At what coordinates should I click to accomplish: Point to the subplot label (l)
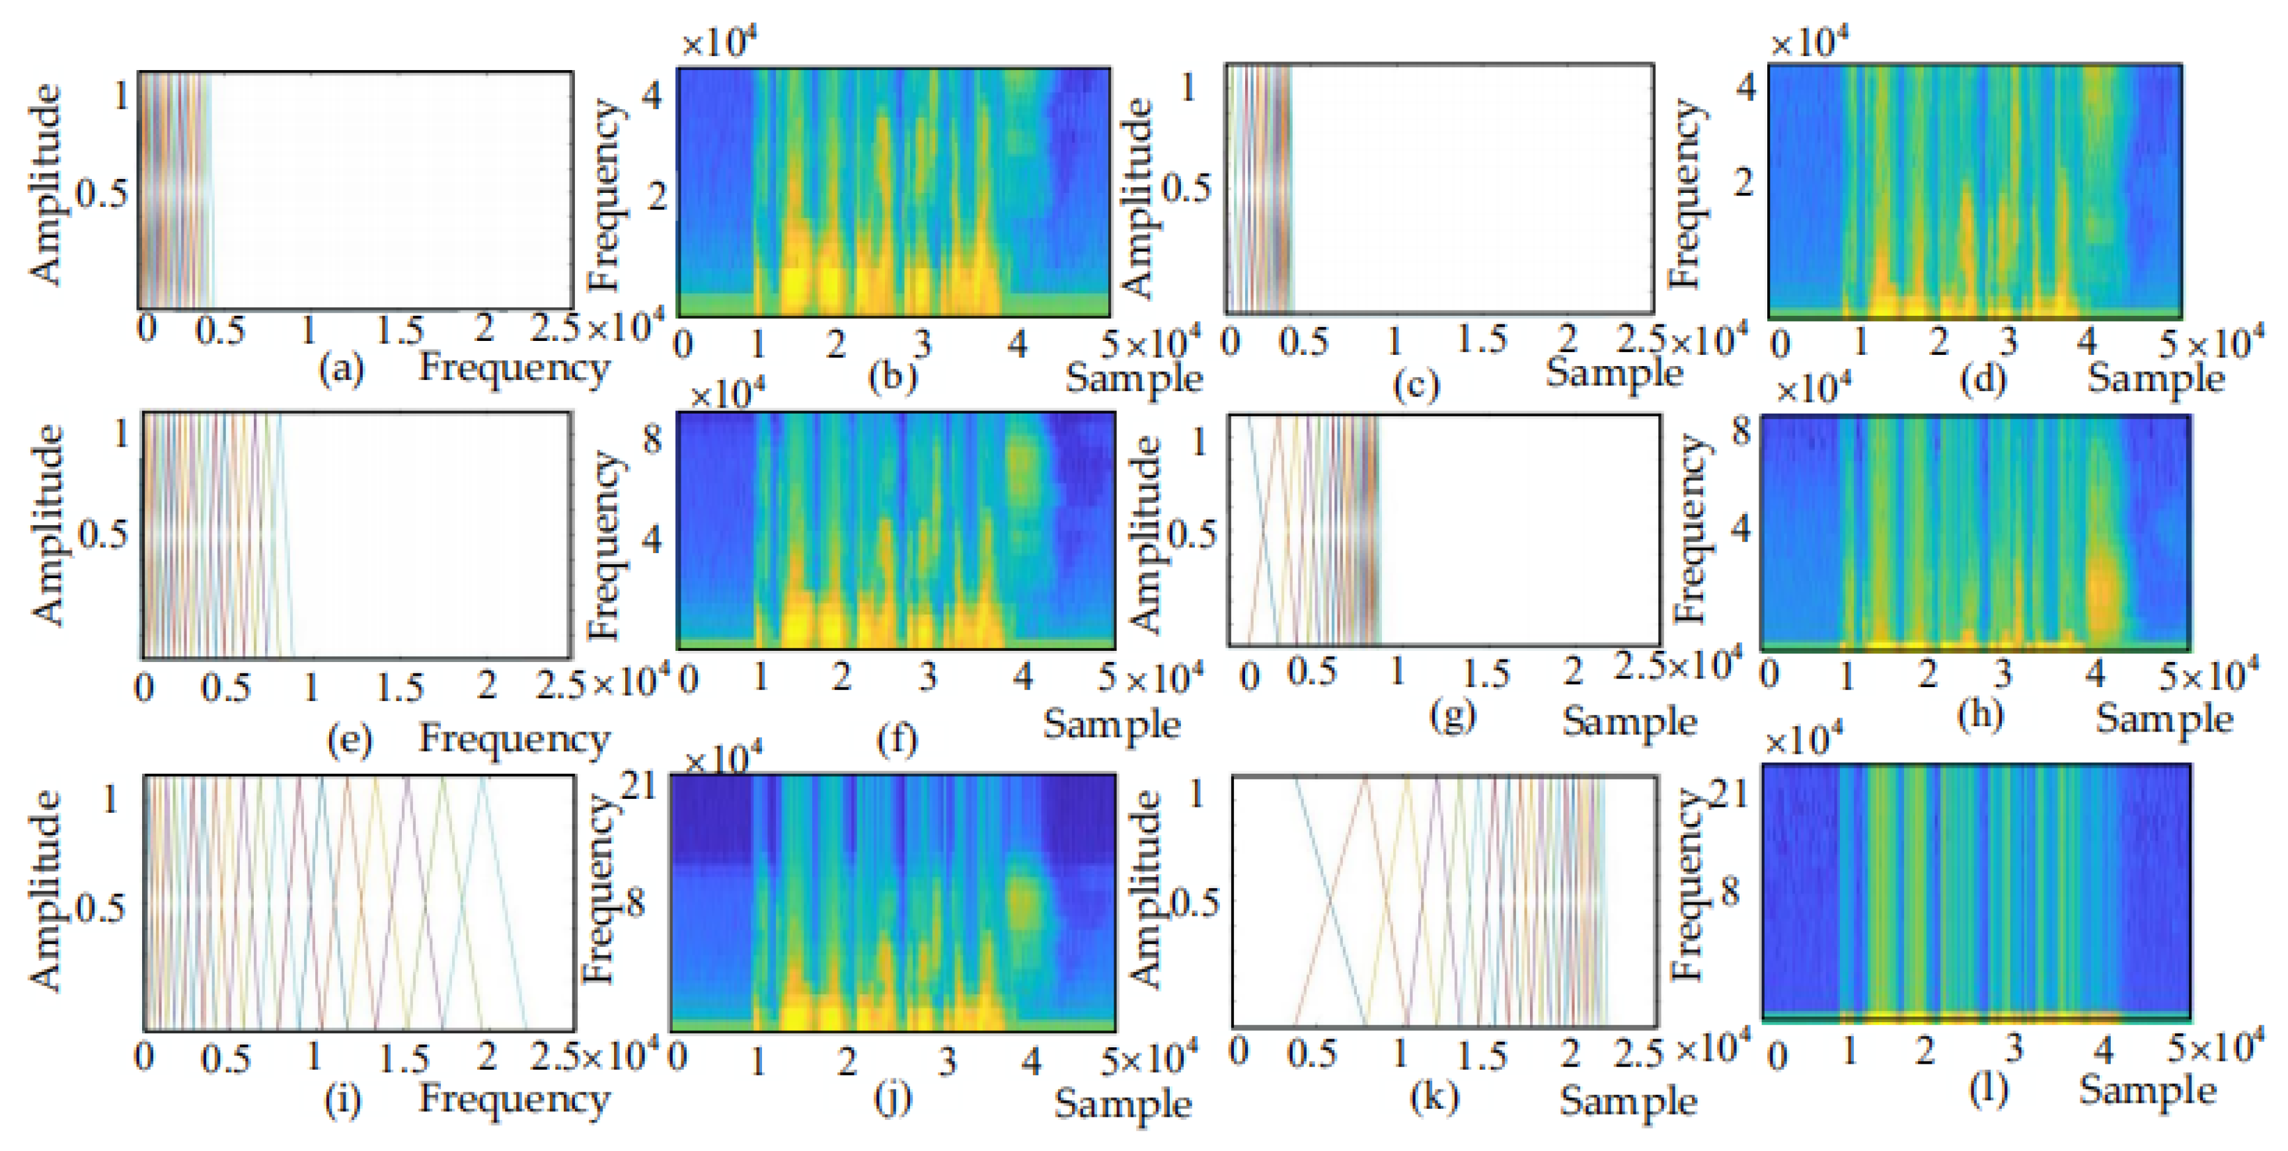(1988, 1090)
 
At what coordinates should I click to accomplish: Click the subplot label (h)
(1981, 716)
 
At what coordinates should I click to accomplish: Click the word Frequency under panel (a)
(514, 367)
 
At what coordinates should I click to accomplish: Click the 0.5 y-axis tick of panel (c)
(1186, 188)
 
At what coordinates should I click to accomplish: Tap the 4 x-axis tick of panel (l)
(2102, 1050)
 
